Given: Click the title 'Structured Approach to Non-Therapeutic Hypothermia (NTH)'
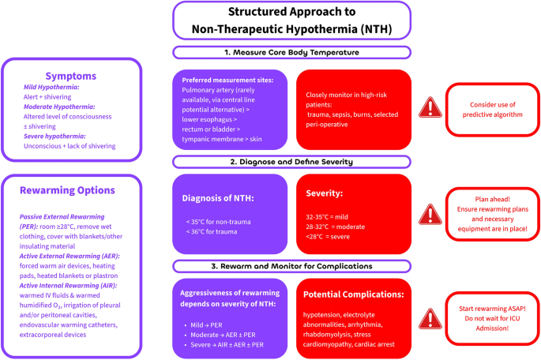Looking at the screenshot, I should [x=292, y=21].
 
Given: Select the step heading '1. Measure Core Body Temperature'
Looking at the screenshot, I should [x=292, y=53].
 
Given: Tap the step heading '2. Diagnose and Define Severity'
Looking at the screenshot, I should [x=292, y=162].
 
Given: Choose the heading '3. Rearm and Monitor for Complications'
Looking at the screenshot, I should [x=292, y=267].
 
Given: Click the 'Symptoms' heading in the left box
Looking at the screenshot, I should [x=70, y=77].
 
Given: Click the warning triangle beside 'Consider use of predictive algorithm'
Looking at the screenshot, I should [x=429, y=107].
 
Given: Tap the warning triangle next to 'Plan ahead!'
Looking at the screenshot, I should [x=429, y=212].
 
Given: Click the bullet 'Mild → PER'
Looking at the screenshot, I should [x=208, y=324].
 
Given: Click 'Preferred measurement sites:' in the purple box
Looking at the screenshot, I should [x=227, y=81].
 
